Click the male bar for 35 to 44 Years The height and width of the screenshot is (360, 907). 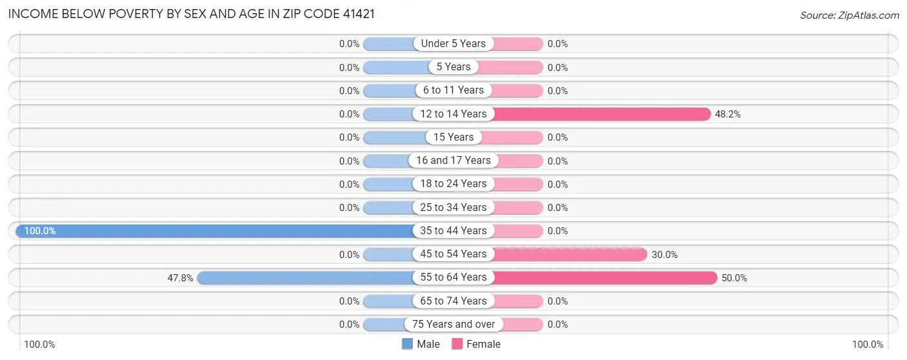219,230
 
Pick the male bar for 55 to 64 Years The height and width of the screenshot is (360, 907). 306,277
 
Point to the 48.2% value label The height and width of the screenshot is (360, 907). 728,114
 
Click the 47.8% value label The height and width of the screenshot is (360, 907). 180,277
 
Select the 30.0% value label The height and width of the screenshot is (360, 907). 664,254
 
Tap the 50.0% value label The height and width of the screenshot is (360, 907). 734,277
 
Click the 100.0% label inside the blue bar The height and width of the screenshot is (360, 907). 40,230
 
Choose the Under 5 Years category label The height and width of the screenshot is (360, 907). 454,44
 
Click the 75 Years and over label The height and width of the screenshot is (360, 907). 454,324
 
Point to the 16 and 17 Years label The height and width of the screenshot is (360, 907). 454,161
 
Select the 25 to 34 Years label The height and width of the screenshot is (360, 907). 454,207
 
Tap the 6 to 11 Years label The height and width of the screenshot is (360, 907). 454,90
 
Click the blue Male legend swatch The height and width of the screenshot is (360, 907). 407,344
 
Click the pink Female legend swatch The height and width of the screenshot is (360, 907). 457,344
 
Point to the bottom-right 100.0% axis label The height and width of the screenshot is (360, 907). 868,345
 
